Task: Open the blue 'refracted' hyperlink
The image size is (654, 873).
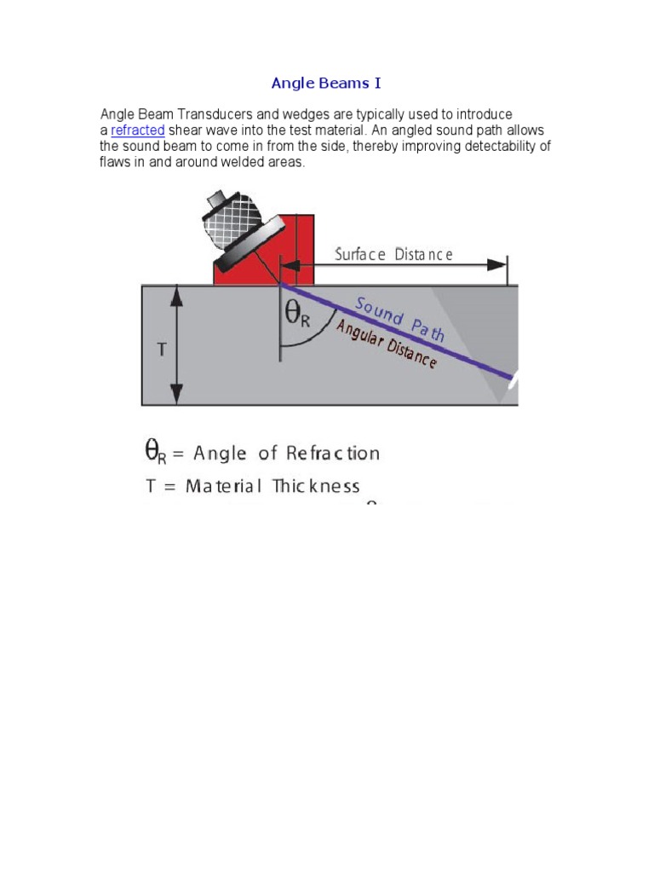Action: tap(137, 130)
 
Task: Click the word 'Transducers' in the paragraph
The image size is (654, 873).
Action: tap(209, 114)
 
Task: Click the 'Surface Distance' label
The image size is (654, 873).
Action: tap(393, 255)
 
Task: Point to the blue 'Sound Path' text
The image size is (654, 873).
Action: tap(399, 319)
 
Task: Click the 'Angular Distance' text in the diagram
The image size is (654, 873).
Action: tap(387, 344)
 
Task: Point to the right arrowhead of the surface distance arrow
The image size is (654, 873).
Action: tap(498, 265)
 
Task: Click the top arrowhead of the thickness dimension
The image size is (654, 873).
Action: tap(176, 294)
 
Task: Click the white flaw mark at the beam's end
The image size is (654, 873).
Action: tap(513, 381)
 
